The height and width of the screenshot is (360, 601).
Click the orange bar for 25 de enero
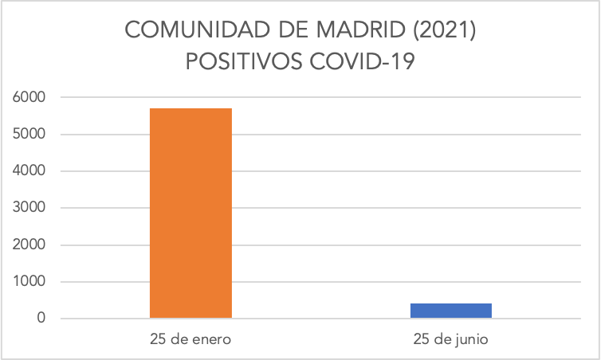191,213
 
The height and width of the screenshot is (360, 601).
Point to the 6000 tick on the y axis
29,97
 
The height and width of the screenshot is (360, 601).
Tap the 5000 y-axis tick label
29,134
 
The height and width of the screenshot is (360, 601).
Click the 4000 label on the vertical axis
29,171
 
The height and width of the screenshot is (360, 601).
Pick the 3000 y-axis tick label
29,208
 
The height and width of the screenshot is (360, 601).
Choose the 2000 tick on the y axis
29,245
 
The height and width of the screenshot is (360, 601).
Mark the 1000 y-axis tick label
29,282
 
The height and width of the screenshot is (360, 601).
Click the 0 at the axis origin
40,319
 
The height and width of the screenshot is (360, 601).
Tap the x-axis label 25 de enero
191,339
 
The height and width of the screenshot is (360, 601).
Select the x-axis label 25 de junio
450,339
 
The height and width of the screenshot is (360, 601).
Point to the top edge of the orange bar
191,108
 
